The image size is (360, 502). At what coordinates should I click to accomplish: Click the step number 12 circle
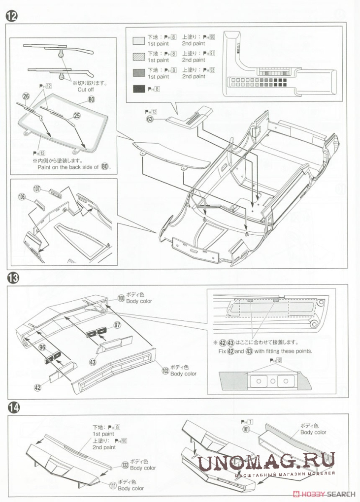pos(11,16)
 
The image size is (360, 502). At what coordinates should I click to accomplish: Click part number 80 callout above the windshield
pos(92,99)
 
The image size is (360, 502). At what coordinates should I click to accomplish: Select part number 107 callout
pos(37,189)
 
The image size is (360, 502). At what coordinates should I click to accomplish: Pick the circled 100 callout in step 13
pos(121,298)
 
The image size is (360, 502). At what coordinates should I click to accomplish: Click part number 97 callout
pos(117,325)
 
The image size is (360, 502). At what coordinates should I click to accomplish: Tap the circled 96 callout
pos(42,347)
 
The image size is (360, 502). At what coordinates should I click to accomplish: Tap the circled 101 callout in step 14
pos(246,429)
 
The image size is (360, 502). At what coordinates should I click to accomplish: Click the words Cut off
pos(85,90)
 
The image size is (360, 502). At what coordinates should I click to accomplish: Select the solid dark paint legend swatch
pos(139,89)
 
